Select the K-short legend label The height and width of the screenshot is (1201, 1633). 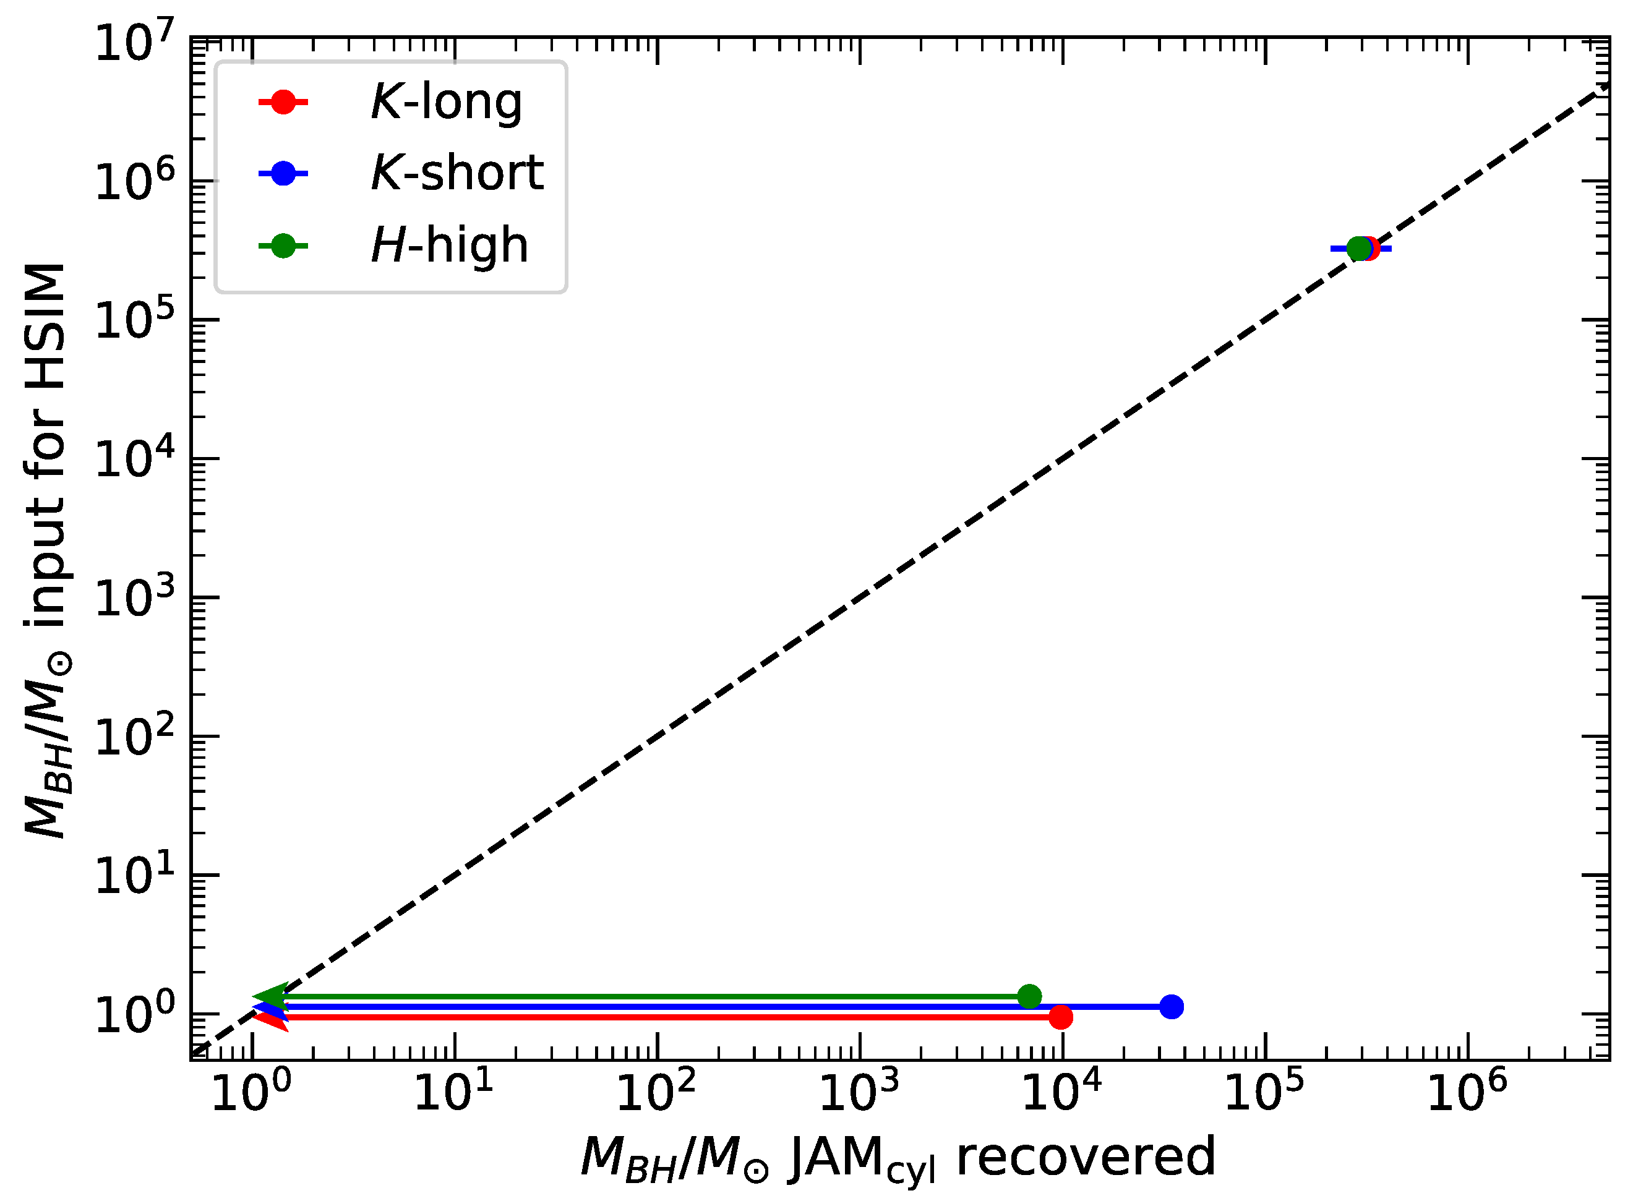click(456, 173)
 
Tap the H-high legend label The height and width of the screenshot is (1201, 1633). click(449, 245)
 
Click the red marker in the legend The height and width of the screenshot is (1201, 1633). click(283, 102)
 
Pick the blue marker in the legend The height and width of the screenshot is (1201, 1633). click(283, 173)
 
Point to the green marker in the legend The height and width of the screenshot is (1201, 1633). click(283, 246)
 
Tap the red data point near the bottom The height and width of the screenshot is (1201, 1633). click(1061, 1017)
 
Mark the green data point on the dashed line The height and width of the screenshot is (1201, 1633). click(1358, 249)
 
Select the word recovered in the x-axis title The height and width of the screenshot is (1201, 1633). click(1086, 1156)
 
